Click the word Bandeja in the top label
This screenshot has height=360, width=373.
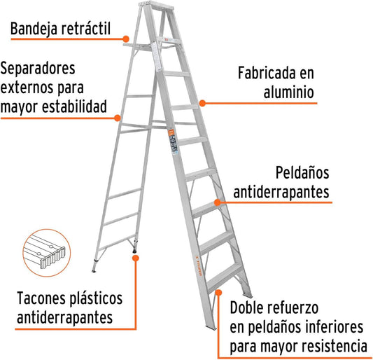[34, 29]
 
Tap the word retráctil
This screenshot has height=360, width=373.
[86, 28]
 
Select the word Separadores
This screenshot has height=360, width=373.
[38, 69]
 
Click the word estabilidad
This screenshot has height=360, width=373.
[74, 106]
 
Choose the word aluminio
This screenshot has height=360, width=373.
[289, 92]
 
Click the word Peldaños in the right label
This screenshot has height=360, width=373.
[302, 172]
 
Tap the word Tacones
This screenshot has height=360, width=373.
[40, 298]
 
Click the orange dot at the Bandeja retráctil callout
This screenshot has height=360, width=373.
[126, 39]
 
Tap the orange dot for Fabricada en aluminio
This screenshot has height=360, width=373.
[202, 104]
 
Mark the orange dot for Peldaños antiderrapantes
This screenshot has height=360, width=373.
[218, 202]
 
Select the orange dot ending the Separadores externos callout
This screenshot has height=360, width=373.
[118, 118]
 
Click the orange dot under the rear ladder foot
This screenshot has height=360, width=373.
[136, 258]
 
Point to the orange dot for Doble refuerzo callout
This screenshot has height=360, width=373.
[218, 293]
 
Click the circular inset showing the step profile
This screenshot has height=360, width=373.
[47, 253]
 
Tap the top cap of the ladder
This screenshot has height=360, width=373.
[156, 5]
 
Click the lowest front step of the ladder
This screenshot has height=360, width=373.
[225, 277]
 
